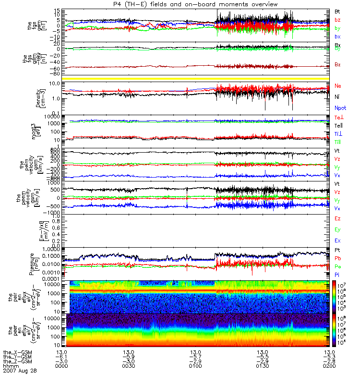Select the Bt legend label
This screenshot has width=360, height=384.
(337, 11)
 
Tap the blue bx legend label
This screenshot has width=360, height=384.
(338, 36)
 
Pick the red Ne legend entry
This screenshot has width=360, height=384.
(338, 85)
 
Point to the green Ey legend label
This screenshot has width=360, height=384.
(338, 229)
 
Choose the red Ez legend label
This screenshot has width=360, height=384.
(338, 218)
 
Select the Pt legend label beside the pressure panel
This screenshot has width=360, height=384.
(337, 251)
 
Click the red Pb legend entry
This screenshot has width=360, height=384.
(338, 258)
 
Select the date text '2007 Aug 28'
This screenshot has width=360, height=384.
(19, 371)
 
